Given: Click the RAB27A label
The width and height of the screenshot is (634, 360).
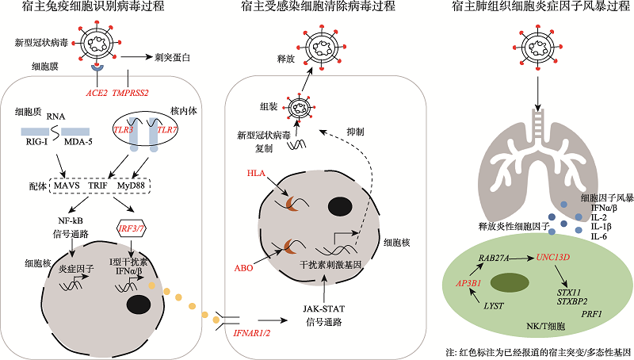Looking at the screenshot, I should coord(495,259).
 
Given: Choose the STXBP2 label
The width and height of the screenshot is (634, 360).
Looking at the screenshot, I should coord(571,301).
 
